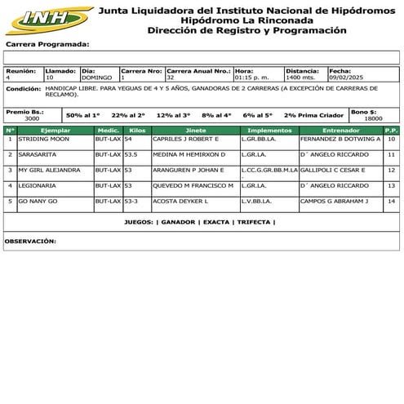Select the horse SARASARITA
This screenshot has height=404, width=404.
pos(38,154)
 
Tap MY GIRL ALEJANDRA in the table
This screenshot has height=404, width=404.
pos(50,170)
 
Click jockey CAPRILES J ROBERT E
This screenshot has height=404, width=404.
pos(186,140)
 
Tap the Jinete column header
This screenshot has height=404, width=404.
pos(196,130)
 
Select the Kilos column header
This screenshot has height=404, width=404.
pos(137,130)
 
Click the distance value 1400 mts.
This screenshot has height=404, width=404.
pos(300,78)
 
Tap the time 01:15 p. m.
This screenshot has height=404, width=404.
pos(252,78)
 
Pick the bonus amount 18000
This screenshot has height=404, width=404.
pos(373,118)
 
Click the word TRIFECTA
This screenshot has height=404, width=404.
pos(254,222)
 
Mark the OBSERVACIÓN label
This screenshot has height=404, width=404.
pos(30,242)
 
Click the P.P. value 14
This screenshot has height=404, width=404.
pos(392,200)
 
